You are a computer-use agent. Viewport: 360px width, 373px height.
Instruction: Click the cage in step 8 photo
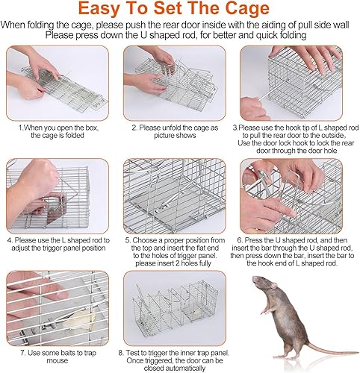pyautogui.click(x=179, y=307)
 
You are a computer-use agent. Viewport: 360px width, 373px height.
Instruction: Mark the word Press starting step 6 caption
pyautogui.click(x=261, y=239)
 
